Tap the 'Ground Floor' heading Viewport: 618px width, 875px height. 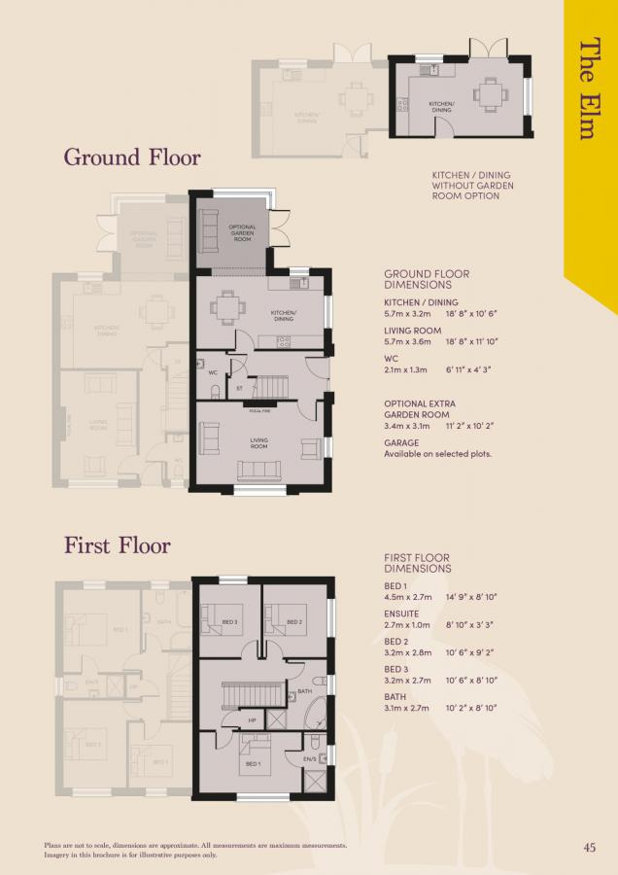tap(132, 157)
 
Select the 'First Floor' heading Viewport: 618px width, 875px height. tap(117, 545)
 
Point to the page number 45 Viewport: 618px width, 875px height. tap(590, 846)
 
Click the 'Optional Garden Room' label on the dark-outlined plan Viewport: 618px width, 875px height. tap(242, 233)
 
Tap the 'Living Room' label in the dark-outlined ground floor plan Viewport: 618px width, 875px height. tap(259, 442)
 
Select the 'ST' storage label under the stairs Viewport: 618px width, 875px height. tap(239, 389)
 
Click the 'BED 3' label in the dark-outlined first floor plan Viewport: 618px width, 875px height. tap(230, 621)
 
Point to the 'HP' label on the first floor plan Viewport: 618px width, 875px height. tap(226, 720)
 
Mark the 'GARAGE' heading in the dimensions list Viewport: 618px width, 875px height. tap(401, 442)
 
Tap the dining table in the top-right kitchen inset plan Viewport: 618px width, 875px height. tap(487, 95)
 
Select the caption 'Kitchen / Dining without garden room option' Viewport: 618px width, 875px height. tap(473, 186)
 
